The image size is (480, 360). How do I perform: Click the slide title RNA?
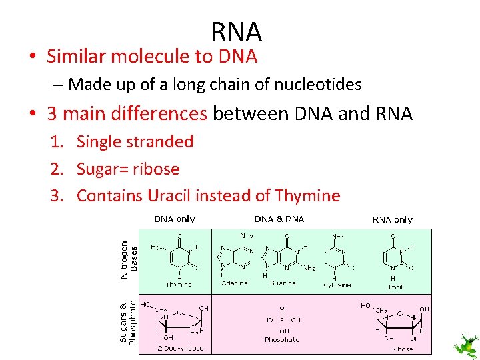(237, 31)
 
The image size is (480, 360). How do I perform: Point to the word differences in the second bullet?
(160, 113)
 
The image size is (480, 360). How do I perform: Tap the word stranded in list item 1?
(164, 141)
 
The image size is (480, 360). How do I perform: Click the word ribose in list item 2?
(156, 169)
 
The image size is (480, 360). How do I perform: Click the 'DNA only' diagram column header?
(175, 219)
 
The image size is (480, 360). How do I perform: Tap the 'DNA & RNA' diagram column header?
(279, 219)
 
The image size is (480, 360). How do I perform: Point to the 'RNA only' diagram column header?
(392, 219)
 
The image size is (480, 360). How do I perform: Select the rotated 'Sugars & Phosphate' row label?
(127, 321)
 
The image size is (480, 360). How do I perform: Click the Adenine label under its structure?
(233, 283)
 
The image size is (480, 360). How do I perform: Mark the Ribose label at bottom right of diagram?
(401, 349)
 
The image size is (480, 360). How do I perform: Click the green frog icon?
(465, 345)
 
